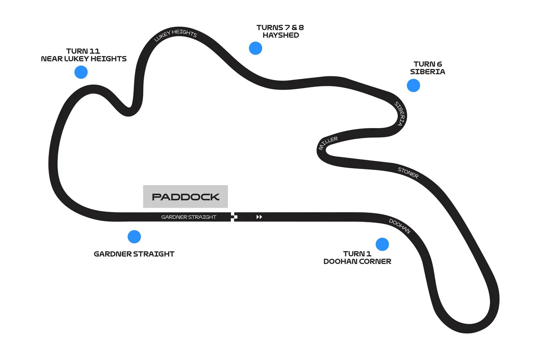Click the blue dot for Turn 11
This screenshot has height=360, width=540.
tap(81, 72)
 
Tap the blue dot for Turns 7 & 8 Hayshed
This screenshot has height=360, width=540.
tap(256, 48)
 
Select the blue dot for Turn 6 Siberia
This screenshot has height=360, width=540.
tap(413, 85)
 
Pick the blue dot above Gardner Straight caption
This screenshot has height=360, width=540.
tap(134, 237)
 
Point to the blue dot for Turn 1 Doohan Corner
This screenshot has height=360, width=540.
tap(382, 244)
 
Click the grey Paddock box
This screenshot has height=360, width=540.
tap(186, 197)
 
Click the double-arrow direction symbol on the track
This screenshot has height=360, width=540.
tap(259, 217)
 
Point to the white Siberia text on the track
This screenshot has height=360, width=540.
tap(399, 113)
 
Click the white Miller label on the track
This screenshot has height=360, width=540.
tap(328, 143)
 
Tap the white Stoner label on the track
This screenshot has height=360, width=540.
tap(408, 173)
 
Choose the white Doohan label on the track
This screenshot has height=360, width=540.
tap(399, 226)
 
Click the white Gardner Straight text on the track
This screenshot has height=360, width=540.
tap(189, 217)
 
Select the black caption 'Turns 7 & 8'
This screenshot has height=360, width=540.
tap(280, 27)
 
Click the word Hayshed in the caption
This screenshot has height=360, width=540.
tap(281, 35)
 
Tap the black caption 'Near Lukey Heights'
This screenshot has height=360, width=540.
tap(84, 59)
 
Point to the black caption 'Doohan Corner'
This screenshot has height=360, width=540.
tap(357, 262)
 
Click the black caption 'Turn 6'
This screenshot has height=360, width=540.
tap(428, 64)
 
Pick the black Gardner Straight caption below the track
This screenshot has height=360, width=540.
tap(134, 254)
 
